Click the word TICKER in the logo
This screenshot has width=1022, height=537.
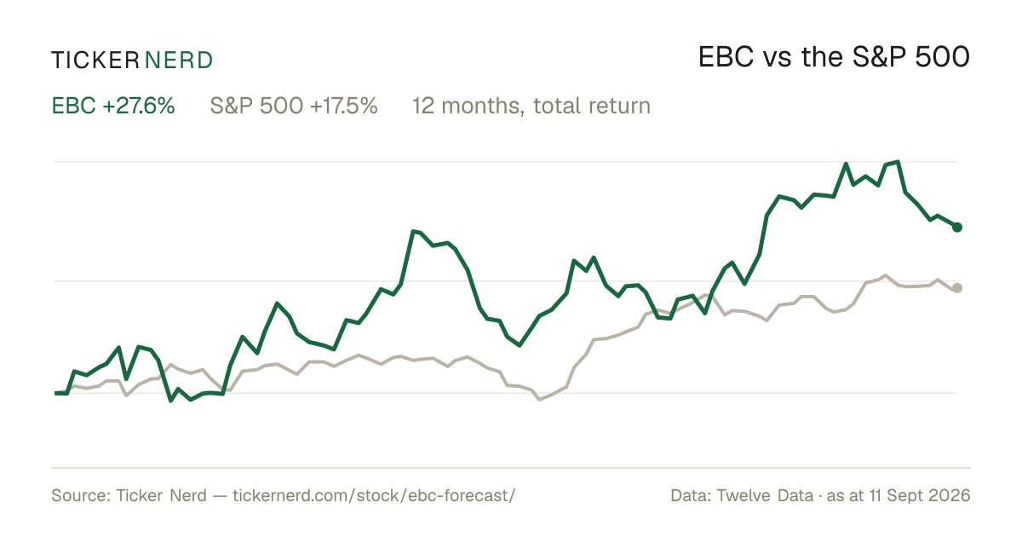95,61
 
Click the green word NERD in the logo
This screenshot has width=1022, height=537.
179,61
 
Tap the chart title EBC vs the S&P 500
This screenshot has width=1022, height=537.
834,57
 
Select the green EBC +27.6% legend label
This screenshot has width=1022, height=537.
113,106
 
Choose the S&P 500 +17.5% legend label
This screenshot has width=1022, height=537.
294,106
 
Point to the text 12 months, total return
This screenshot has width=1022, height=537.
531,106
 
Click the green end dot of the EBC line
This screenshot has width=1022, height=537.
957,227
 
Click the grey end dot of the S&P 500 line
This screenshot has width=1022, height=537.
957,288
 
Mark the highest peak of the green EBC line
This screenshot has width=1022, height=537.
898,162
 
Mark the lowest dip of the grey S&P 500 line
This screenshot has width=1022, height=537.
540,400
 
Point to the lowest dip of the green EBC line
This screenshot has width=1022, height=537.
171,401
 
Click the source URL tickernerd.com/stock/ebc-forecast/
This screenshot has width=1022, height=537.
374,495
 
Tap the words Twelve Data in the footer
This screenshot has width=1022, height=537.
765,495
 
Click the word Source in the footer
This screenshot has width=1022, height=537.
78,495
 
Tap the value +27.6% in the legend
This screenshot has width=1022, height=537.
139,106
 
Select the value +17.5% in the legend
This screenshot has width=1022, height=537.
343,106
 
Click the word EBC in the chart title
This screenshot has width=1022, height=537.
726,57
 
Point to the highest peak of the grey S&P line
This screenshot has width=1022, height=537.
886,275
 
